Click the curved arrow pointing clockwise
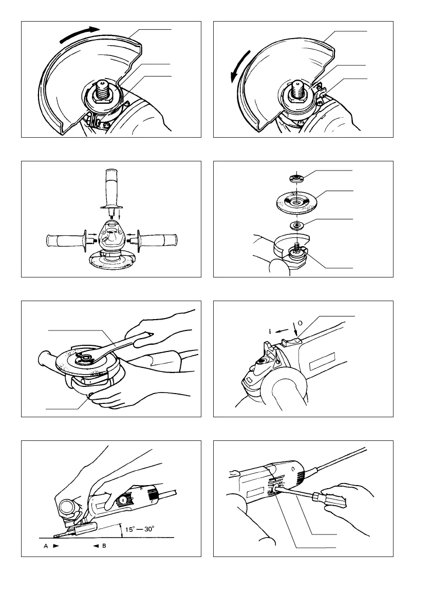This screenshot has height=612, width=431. (x=77, y=35)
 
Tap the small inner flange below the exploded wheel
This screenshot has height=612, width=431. (x=296, y=225)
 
